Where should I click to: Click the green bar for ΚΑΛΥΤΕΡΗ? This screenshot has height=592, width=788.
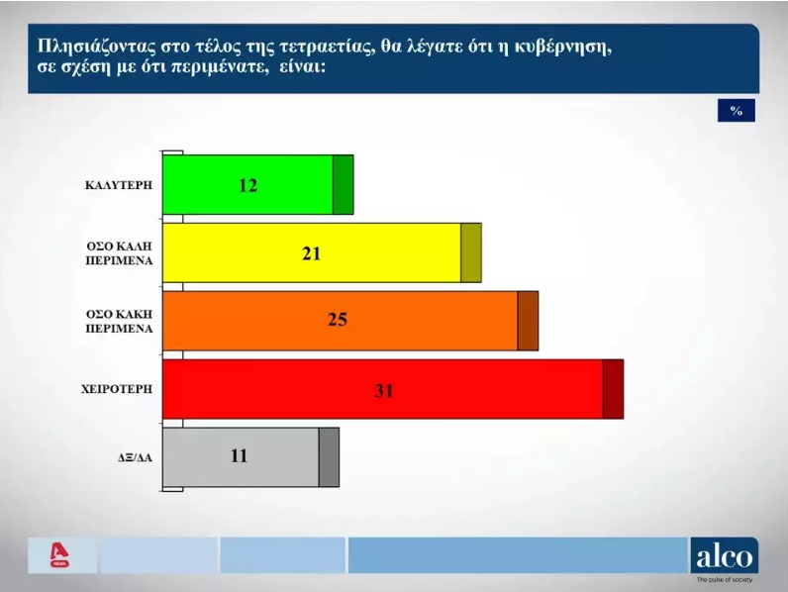pos(257,184)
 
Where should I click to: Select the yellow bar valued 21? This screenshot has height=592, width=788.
pos(322,252)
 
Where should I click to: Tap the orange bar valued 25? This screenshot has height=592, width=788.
pos(350,321)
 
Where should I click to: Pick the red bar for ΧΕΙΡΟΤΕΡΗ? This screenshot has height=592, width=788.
pos(393,389)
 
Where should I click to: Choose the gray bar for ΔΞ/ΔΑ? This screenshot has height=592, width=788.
pos(250,457)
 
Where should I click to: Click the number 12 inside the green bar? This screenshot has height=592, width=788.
pos(247,185)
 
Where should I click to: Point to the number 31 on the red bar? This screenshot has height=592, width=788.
pos(384,390)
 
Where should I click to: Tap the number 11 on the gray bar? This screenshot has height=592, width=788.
pos(240,455)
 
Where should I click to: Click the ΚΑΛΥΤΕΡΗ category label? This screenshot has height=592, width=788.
pos(119,185)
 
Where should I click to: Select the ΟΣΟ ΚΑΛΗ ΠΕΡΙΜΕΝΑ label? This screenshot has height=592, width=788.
pos(119,253)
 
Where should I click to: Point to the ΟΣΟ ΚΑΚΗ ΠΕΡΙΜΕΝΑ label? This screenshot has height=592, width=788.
pos(119,321)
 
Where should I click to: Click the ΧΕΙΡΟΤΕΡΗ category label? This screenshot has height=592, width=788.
pos(117,389)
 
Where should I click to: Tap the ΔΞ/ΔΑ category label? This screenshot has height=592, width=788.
pos(135,457)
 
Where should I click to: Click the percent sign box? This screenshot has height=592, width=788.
pos(737,111)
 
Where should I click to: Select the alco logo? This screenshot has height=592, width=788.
pos(725,555)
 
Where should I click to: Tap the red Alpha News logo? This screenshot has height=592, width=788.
pos(59,554)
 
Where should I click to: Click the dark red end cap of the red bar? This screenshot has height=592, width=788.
pos(613,389)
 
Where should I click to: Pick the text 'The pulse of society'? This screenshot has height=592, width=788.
pos(725,580)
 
